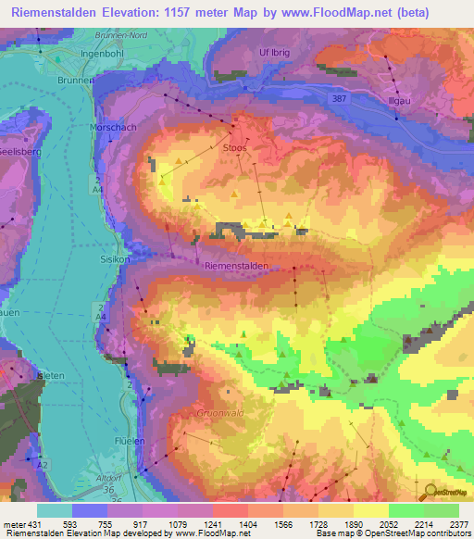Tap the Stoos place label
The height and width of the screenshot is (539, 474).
click(235, 146)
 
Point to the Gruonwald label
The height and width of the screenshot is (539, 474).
click(219, 413)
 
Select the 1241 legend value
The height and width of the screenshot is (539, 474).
click(195, 523)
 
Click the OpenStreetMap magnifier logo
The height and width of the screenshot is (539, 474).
click(429, 493)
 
